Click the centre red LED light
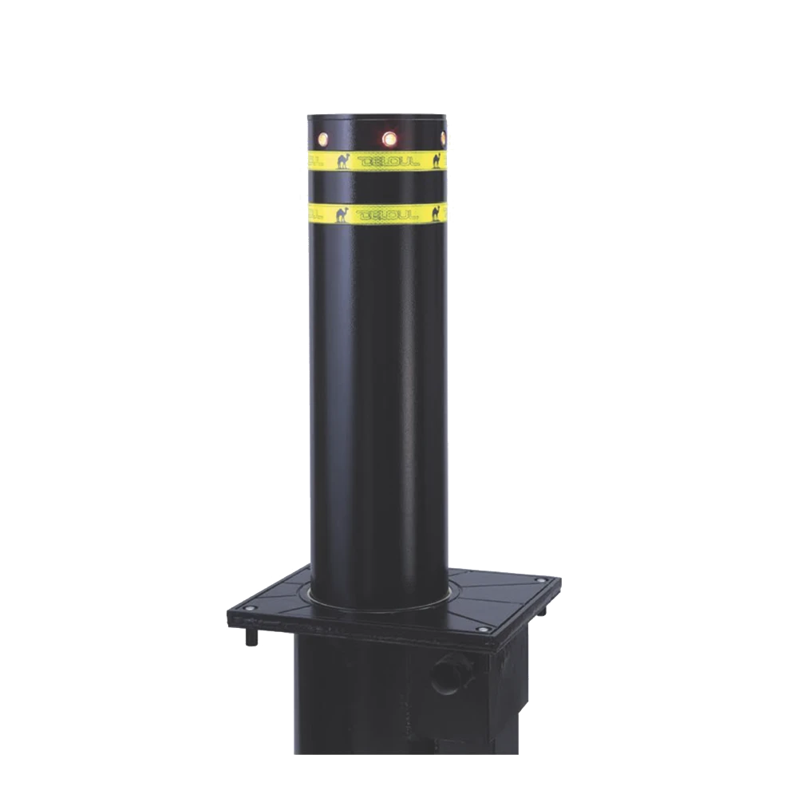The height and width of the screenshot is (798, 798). tap(390, 139)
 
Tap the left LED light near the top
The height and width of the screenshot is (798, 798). tap(324, 138)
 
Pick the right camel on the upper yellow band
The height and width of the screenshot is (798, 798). tap(437, 160)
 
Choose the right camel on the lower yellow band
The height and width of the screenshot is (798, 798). tap(437, 212)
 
